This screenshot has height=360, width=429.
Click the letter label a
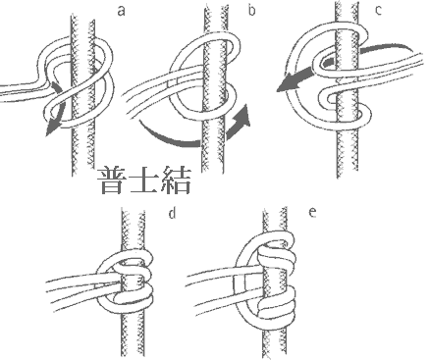pyautogui.click(x=121, y=12)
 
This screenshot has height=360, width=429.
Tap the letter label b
pyautogui.click(x=251, y=10)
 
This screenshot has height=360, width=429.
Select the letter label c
pyautogui.click(x=378, y=10)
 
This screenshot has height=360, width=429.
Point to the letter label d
pyautogui.click(x=172, y=213)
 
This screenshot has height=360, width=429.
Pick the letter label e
pyautogui.click(x=312, y=213)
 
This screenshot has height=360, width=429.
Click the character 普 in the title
pyautogui.click(x=112, y=180)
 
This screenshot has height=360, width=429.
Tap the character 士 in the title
pyautogui.click(x=144, y=180)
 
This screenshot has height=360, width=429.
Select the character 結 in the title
pyautogui.click(x=176, y=180)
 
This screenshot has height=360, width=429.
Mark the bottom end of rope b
pyautogui.click(x=213, y=171)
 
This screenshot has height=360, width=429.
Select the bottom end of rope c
pyautogui.click(x=348, y=176)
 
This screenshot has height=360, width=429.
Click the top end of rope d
pyautogui.click(x=133, y=210)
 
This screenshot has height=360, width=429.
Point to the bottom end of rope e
pyautogui.click(x=274, y=356)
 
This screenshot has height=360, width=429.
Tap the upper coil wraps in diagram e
pyautogui.click(x=277, y=255)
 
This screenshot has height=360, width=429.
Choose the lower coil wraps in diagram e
pyautogui.click(x=277, y=304)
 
